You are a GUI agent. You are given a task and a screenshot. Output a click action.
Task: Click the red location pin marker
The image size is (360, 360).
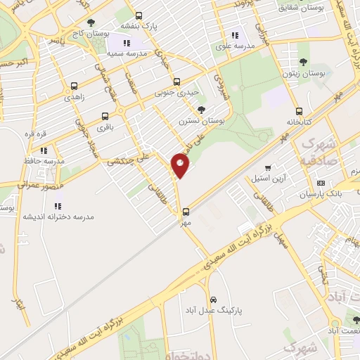coord(180,165)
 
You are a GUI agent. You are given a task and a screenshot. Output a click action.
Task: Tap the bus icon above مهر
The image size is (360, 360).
coord(186,211)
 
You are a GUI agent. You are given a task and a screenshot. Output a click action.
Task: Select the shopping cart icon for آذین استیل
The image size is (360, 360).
coord(268,168)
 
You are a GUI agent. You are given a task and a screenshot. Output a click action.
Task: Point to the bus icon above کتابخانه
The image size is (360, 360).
coord(300,111)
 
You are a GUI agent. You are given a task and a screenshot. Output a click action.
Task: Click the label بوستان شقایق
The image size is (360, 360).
coord(302,8)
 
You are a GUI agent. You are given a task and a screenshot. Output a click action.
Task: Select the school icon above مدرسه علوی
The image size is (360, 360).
coord(235,35)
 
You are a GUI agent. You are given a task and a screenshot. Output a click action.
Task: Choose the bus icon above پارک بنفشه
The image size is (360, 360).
coord(138,15)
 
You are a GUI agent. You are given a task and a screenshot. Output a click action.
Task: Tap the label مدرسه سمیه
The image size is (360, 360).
coord(127,53)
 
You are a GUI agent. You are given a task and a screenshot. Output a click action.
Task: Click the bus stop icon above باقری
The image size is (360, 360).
coord(105,116)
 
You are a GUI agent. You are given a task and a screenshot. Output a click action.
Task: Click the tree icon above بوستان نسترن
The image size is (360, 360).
coord(202,110)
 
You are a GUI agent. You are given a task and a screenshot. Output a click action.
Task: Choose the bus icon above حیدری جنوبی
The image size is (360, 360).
coord(176,81)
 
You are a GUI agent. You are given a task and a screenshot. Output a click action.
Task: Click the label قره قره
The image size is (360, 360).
coord(36,134)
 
